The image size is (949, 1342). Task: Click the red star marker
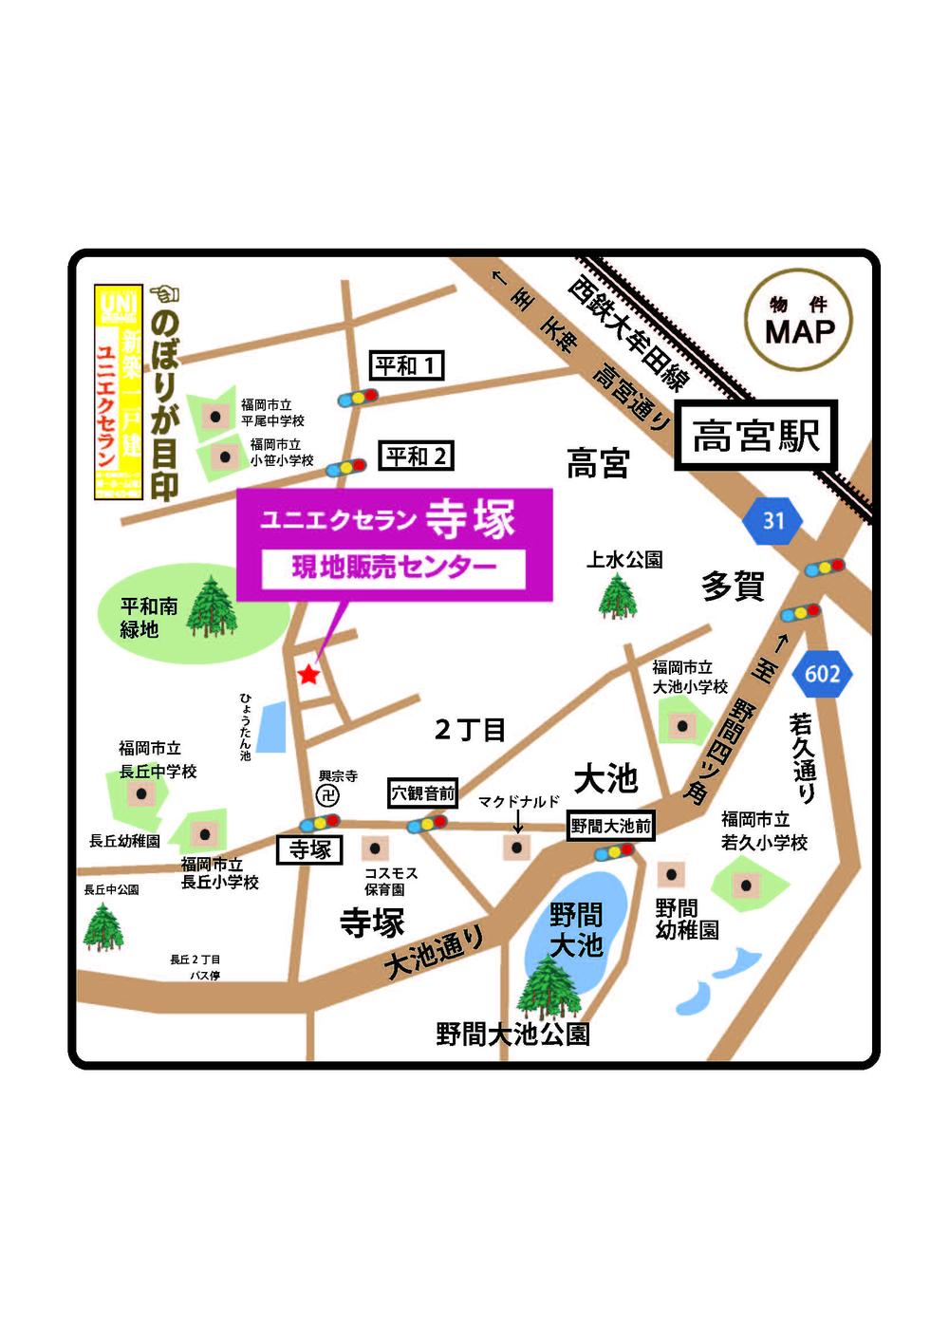pyautogui.click(x=308, y=675)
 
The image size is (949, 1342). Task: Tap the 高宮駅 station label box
pyautogui.click(x=755, y=437)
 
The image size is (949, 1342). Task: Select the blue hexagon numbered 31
pyautogui.click(x=773, y=520)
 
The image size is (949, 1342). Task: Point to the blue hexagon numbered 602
pyautogui.click(x=822, y=674)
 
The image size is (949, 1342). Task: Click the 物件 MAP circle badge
pyautogui.click(x=799, y=321)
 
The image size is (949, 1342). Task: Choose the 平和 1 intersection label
pyautogui.click(x=406, y=365)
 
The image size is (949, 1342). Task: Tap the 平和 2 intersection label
pyautogui.click(x=416, y=457)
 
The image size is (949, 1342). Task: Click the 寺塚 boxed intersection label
pyautogui.click(x=309, y=849)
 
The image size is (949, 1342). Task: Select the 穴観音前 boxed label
pyautogui.click(x=423, y=793)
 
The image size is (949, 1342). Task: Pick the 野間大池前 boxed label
pyautogui.click(x=610, y=826)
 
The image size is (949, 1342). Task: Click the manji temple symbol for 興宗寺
pyautogui.click(x=328, y=795)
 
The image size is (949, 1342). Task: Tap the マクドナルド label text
pyautogui.click(x=518, y=802)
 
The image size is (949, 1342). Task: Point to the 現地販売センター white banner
pyautogui.click(x=394, y=568)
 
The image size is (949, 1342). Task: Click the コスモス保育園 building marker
pyautogui.click(x=376, y=848)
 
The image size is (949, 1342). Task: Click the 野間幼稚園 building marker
pyautogui.click(x=670, y=873)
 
